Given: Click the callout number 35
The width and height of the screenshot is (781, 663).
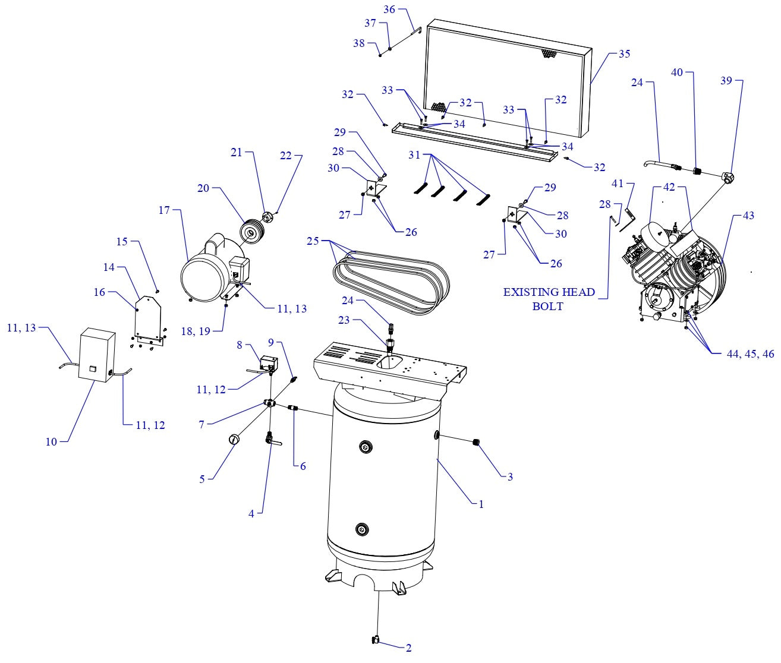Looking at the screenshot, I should coord(624,54).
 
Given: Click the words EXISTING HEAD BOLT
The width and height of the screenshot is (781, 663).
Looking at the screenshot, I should coord(549,299).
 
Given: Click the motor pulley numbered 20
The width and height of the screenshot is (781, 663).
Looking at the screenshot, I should coord(249,231).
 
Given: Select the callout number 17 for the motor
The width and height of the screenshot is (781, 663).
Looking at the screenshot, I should coord(165,210).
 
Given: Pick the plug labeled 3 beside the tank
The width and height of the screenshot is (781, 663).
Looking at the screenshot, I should coord(476,441).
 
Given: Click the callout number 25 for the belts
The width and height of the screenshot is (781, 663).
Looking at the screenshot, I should coord(313,242).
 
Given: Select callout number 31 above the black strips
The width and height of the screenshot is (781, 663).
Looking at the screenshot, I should coord(414,155).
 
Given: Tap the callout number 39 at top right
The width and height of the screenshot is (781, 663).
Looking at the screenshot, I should coord(726,80).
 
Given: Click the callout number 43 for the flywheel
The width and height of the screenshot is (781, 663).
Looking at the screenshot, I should coord(748,216).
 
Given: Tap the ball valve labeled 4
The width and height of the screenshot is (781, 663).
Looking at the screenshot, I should coord(270,440).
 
